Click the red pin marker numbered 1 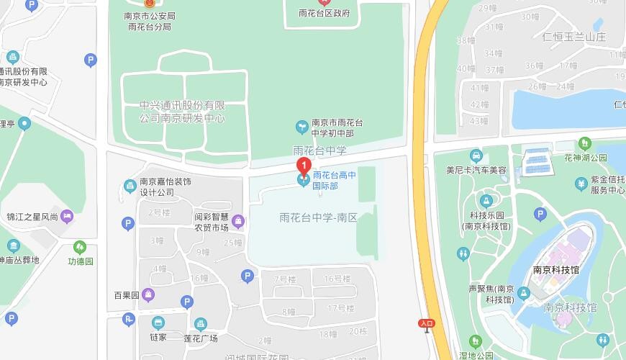[304, 165]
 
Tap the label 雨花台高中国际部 [334, 180]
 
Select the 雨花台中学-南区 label [318, 217]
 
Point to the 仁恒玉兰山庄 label [577, 37]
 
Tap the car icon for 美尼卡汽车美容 [476, 156]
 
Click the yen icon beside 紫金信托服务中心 [581, 185]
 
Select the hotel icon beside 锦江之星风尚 [67, 215]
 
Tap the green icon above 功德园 [80, 248]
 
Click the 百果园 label [125, 295]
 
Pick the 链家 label [158, 337]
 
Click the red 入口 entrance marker [427, 324]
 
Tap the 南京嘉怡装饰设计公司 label [165, 187]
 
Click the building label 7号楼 [285, 279]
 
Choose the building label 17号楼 [340, 308]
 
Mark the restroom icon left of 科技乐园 [463, 253]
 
